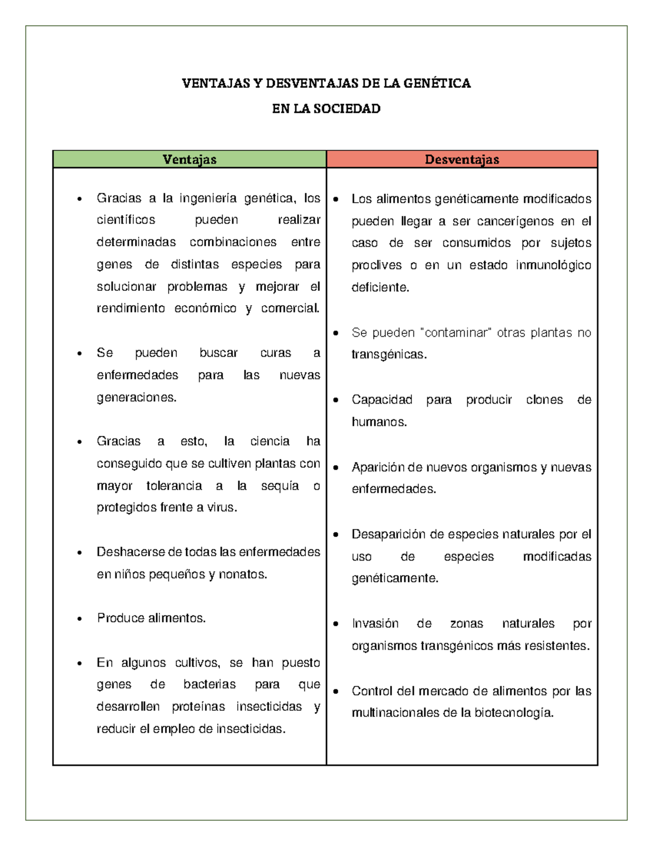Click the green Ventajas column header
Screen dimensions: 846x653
(x=189, y=159)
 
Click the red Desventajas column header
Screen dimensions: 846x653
(x=462, y=159)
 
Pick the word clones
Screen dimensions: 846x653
(x=544, y=400)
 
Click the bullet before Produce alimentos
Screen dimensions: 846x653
(x=80, y=619)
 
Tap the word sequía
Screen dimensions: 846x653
(x=280, y=486)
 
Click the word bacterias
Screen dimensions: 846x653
(x=210, y=684)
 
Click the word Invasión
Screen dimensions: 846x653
(x=375, y=623)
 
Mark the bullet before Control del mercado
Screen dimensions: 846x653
(x=336, y=692)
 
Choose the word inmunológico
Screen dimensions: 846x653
(x=553, y=265)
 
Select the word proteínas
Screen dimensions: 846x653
(x=198, y=707)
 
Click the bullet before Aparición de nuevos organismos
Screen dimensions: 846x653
(x=336, y=468)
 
